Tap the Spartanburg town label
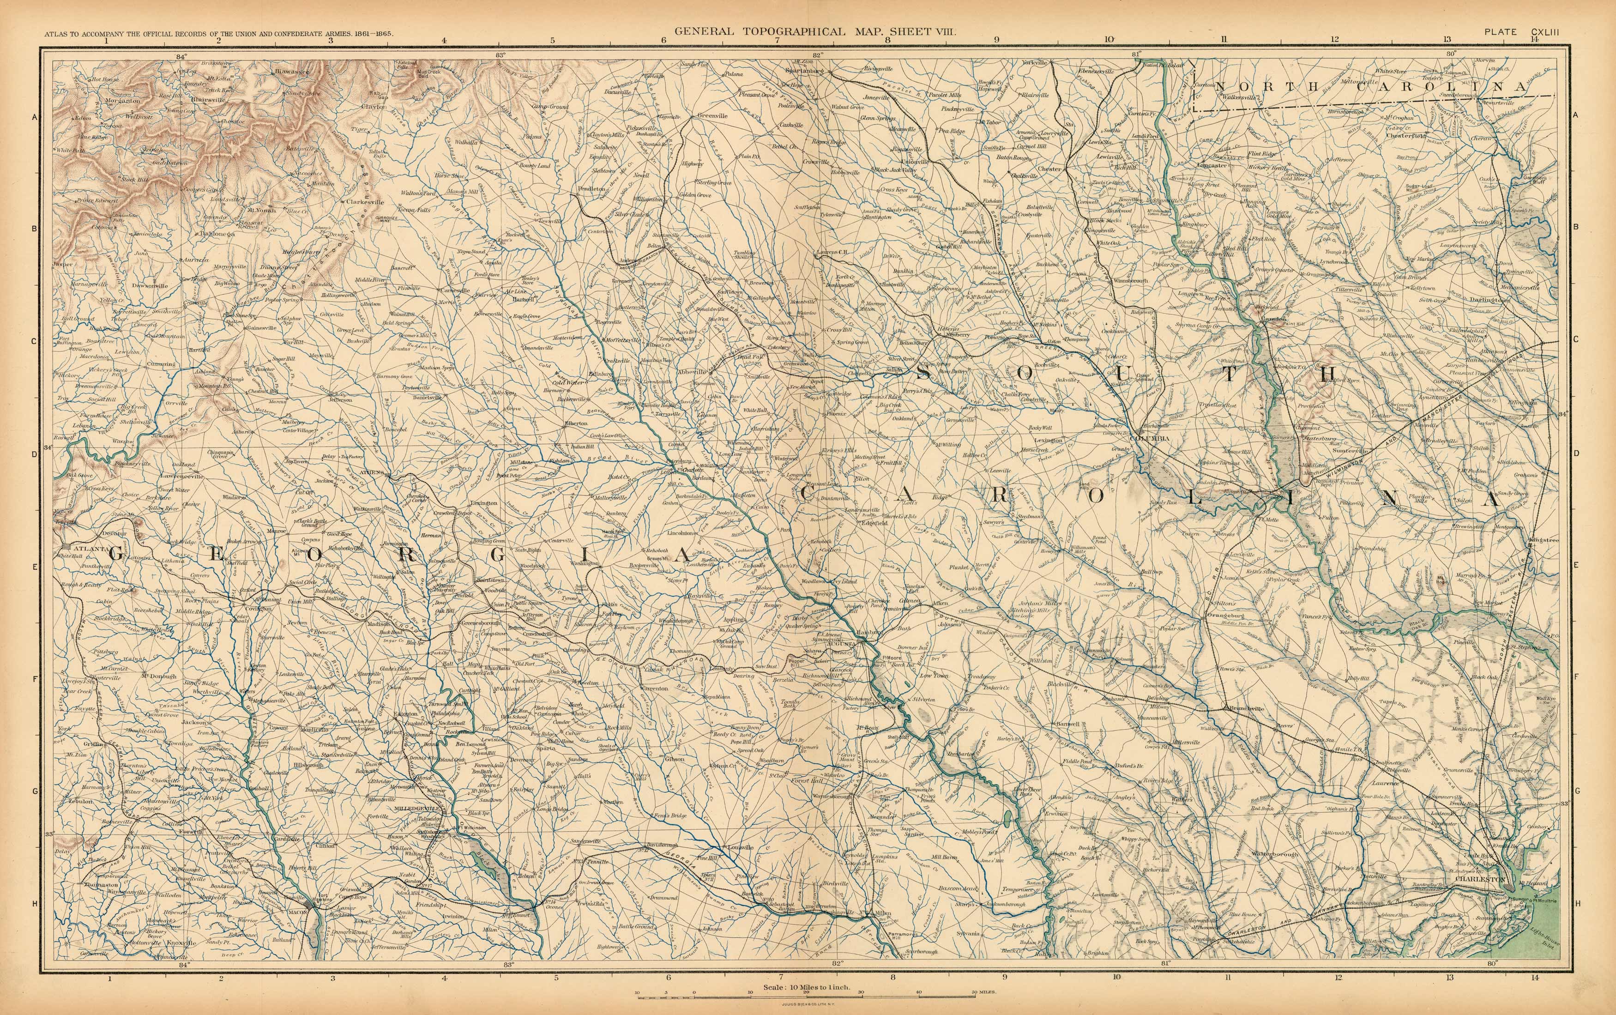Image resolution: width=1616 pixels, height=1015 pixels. pos(804,70)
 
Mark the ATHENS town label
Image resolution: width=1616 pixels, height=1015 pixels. pos(371,472)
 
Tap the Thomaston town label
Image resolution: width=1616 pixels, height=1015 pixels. pos(101,884)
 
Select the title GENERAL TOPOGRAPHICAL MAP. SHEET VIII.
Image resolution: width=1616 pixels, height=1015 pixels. pos(815,31)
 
